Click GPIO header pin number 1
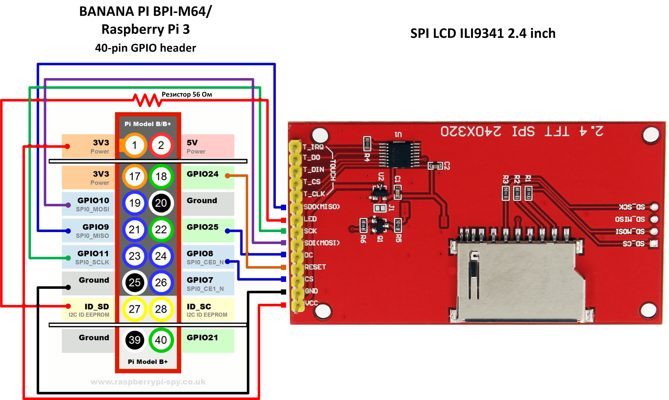134,145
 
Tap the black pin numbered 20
161,203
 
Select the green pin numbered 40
161,340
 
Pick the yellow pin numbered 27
134,309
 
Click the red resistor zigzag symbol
147,100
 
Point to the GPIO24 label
203,174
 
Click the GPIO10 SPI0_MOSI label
93,204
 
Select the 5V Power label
196,146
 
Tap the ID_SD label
96,307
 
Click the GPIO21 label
202,338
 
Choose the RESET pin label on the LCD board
315,267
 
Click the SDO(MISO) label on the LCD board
321,206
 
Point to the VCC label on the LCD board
311,303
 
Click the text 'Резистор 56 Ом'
187,94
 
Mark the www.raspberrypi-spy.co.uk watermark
148,382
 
